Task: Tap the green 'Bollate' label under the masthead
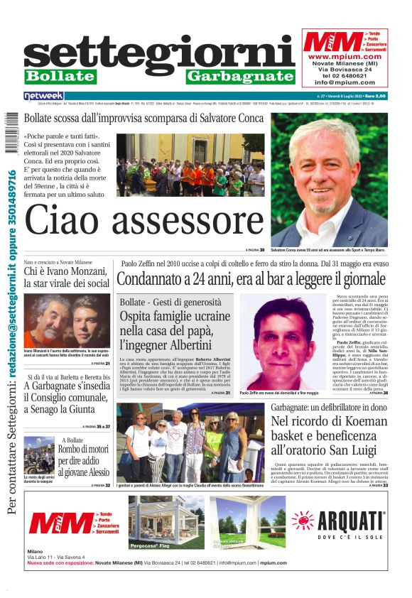(60, 76)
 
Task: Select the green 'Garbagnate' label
(240, 76)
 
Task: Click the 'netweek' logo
(43, 95)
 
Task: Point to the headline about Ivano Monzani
(66, 277)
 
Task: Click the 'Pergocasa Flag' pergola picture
(163, 522)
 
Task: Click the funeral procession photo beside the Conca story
(190, 165)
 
